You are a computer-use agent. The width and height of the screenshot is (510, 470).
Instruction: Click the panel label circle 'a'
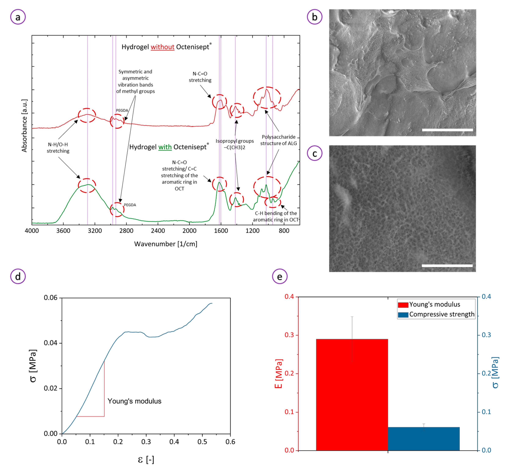(x=18, y=17)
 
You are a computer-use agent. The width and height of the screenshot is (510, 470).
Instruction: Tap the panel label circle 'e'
(x=280, y=276)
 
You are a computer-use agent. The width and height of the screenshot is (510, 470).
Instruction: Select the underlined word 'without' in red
(x=162, y=47)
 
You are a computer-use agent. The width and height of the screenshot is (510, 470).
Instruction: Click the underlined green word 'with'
(x=165, y=147)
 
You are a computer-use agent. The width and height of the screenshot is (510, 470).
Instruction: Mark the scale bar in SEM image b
(x=447, y=130)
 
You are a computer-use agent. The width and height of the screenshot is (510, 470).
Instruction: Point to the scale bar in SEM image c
(x=447, y=266)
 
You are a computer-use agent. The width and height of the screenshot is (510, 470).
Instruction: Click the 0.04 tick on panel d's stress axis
(x=51, y=343)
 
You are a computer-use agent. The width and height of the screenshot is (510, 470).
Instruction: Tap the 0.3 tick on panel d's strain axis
(x=146, y=442)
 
